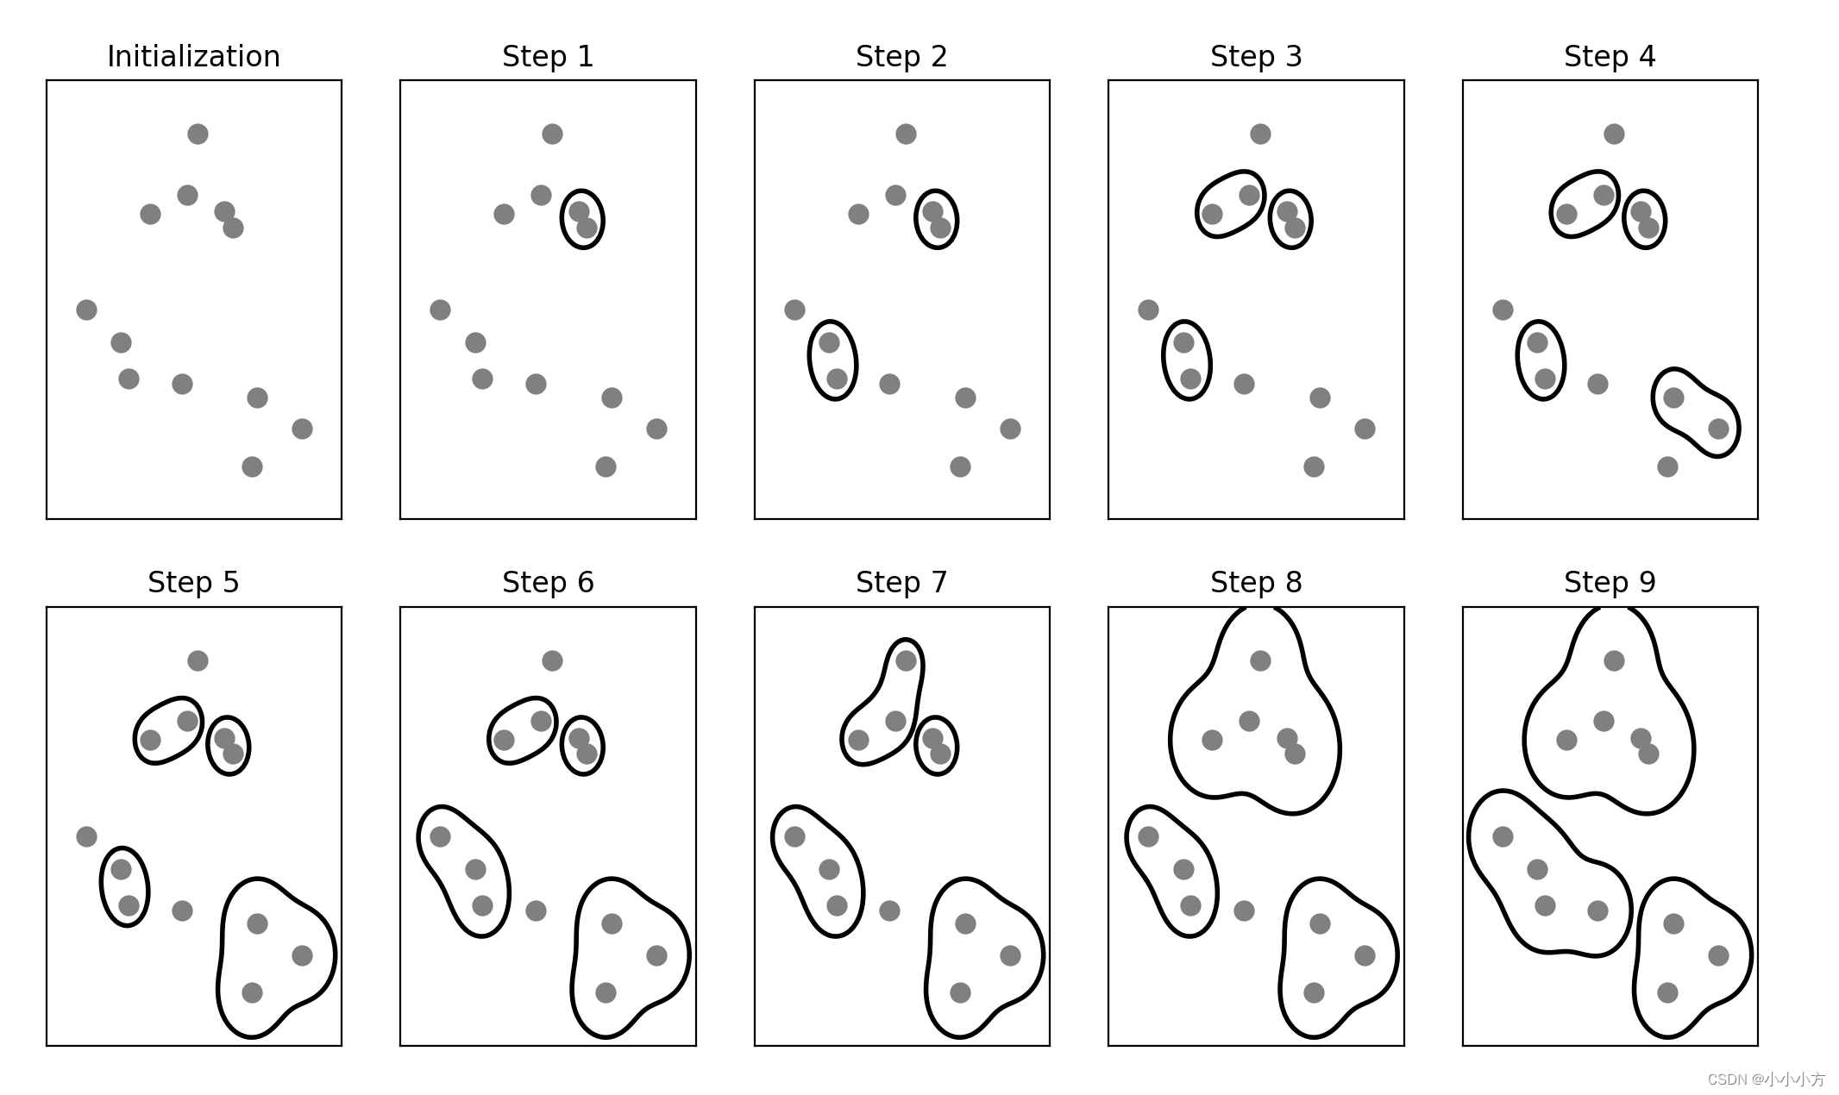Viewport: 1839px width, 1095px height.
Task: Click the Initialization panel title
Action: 193,57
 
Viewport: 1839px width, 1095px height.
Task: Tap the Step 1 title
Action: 548,57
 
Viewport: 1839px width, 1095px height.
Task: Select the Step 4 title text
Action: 1610,57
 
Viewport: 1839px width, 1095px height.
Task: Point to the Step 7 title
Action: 901,583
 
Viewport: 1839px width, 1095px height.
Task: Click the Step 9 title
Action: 1610,583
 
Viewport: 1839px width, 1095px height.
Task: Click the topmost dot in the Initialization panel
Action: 198,134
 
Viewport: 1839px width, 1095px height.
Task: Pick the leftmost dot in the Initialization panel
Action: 86,310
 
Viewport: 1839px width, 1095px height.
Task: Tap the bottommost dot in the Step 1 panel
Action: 606,466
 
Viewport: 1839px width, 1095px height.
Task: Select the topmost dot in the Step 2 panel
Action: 906,134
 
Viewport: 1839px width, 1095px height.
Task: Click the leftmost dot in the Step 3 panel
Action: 1148,310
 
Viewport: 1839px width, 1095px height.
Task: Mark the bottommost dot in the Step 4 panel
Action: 1667,466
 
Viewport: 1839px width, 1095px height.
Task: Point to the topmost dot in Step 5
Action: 198,660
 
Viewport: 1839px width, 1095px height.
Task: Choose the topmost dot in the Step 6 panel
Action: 552,660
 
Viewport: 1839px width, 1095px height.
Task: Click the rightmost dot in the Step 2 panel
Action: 1010,429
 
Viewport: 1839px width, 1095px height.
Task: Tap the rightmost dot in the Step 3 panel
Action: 1365,429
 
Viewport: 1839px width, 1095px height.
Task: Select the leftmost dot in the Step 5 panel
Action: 86,836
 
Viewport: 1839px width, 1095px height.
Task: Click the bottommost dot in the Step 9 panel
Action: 1667,992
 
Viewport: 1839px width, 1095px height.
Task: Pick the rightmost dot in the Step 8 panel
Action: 1365,955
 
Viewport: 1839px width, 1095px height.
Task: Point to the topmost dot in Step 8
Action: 1260,660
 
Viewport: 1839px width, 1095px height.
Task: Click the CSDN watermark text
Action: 1766,1079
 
